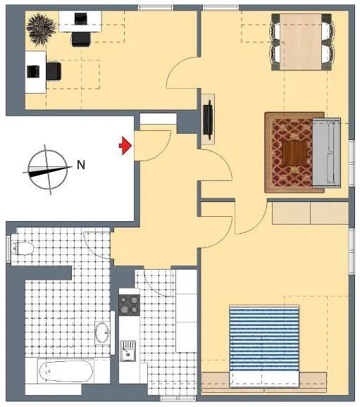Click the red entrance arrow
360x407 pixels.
point(125,146)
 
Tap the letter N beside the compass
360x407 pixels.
point(81,165)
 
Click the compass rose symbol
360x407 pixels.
point(47,170)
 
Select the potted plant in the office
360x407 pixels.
point(42,30)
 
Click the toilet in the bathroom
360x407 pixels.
point(23,248)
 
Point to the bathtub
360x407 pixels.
point(66,371)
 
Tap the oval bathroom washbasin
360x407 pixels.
point(102,333)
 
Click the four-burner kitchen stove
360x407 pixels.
point(130,305)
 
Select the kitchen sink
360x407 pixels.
point(128,351)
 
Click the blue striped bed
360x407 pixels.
point(264,345)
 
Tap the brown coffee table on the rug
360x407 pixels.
point(294,153)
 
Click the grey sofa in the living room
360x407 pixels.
point(326,152)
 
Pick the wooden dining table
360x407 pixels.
point(301,42)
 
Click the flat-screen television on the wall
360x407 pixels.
point(209,120)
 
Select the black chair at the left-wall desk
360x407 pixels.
point(54,71)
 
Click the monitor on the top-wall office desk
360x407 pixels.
point(81,18)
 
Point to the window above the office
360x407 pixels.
point(156,8)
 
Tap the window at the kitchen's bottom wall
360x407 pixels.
point(178,398)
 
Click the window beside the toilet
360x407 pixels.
point(8,249)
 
